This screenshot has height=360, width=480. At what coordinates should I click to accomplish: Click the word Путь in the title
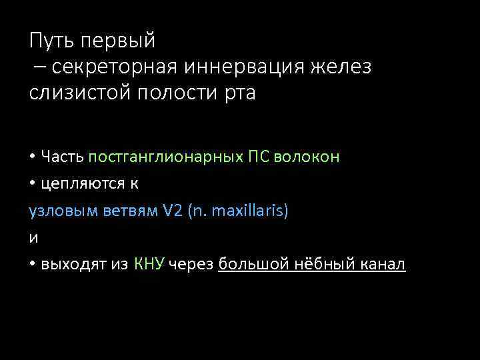point(52,41)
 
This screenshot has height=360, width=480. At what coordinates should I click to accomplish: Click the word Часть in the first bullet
point(62,157)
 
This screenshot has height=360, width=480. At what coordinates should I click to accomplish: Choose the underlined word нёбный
point(317,265)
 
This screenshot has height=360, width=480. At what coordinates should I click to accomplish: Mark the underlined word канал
point(384,265)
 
